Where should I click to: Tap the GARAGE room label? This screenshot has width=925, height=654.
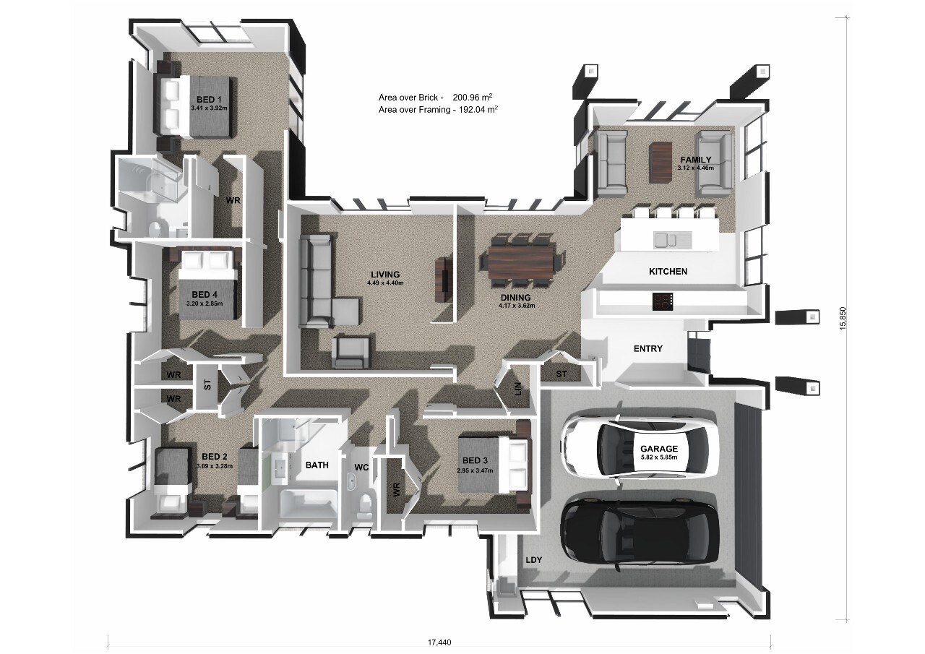pyautogui.click(x=658, y=449)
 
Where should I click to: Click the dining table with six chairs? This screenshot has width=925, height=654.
pyautogui.click(x=522, y=262)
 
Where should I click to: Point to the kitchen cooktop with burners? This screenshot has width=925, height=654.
pyautogui.click(x=663, y=301)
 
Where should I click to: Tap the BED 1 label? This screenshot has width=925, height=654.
pyautogui.click(x=209, y=100)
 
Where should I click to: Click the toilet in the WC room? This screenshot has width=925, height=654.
pyautogui.click(x=365, y=504)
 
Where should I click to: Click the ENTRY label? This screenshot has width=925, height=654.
pyautogui.click(x=647, y=349)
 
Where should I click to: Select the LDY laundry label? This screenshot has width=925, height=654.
pyautogui.click(x=534, y=560)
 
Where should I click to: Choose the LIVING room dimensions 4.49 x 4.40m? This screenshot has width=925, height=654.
pyautogui.click(x=384, y=283)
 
